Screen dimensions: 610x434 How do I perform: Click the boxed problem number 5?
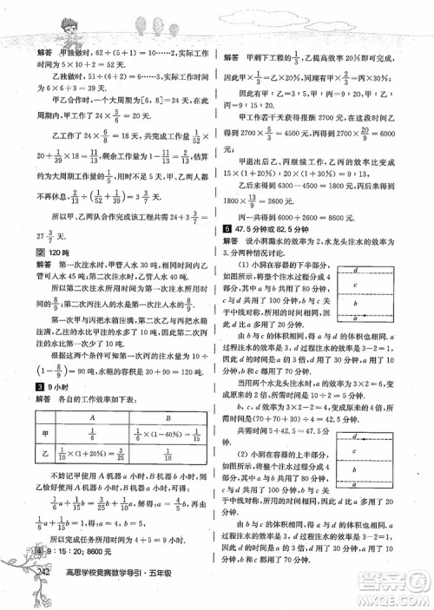click(225, 227)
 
